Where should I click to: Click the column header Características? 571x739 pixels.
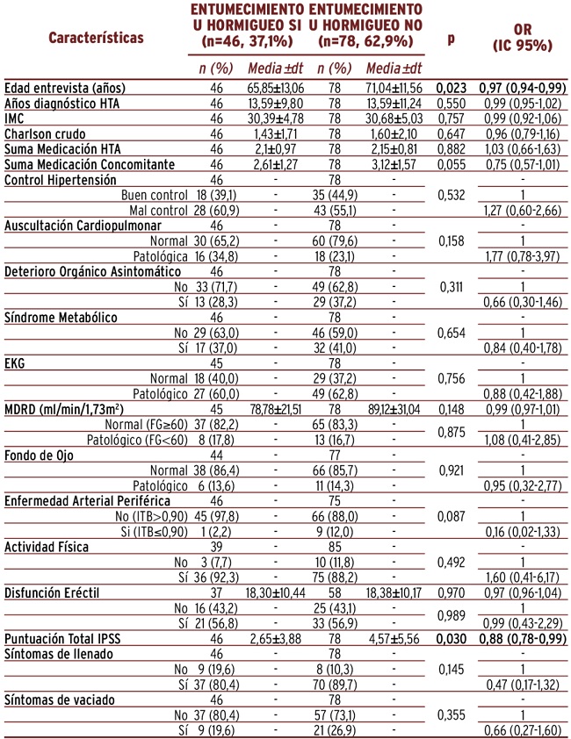click(96, 38)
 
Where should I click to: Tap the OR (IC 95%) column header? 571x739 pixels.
click(523, 37)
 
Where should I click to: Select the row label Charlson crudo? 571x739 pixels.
click(46, 134)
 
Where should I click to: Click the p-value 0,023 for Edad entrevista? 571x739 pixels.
click(452, 88)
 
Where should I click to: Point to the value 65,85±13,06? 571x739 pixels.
click(276, 88)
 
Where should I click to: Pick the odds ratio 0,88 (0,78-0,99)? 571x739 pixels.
click(523, 639)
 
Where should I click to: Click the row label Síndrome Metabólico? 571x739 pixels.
click(61, 318)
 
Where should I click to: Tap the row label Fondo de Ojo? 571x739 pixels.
click(39, 456)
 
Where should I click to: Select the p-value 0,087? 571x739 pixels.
click(452, 517)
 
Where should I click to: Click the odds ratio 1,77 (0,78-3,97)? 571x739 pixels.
click(523, 256)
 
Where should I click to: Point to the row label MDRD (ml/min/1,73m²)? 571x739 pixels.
click(64, 409)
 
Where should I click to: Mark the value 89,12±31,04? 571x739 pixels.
click(394, 409)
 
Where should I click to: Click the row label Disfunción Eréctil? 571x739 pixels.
click(52, 593)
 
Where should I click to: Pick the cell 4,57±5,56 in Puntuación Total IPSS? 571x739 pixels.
click(394, 639)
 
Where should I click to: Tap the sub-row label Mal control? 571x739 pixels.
click(158, 210)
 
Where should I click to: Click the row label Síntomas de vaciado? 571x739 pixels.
click(60, 700)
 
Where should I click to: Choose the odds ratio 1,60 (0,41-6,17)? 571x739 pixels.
click(523, 578)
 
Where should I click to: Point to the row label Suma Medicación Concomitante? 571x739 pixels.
click(90, 164)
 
